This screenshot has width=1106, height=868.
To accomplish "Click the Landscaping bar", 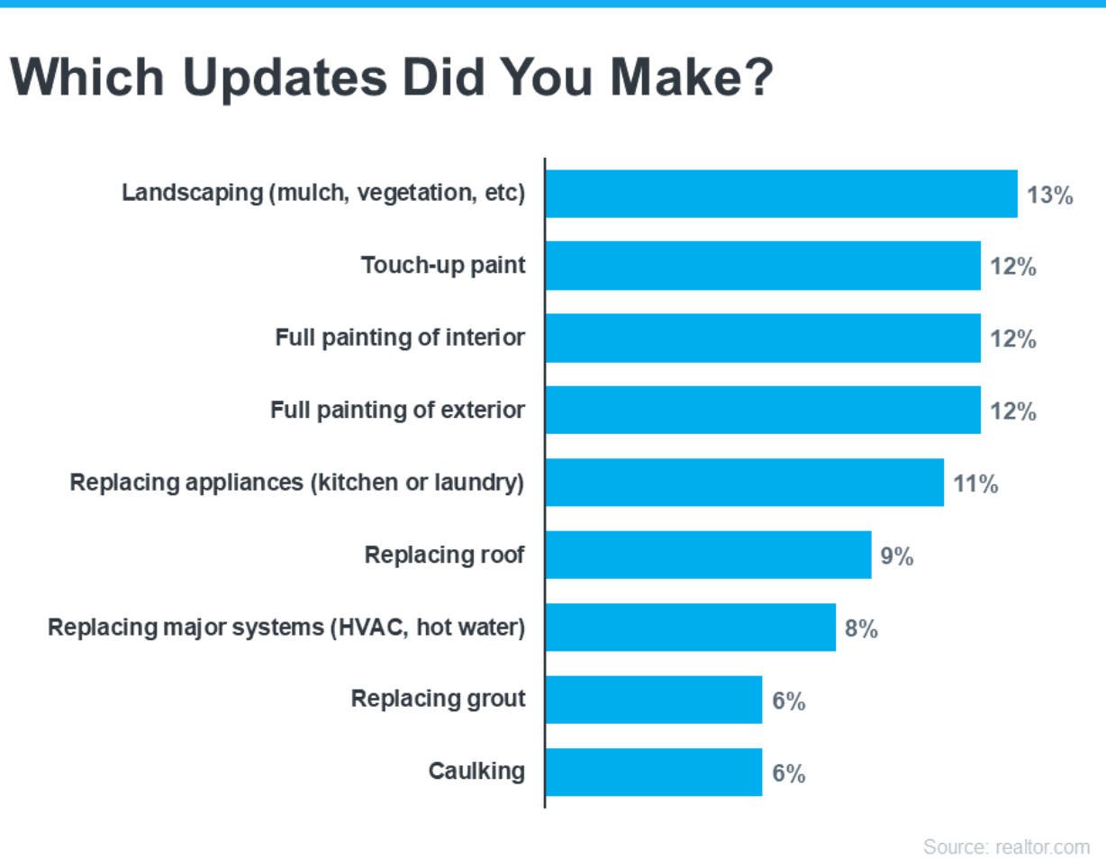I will [781, 194].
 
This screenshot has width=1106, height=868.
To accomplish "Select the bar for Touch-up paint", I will [763, 266].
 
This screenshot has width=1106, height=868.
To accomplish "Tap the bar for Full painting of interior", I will [763, 339].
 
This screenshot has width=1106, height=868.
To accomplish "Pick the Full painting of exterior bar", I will [763, 411].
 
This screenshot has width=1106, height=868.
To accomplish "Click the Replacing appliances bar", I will [744, 483].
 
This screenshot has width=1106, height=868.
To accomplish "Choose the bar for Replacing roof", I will [708, 555].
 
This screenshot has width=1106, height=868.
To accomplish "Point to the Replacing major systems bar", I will [690, 628].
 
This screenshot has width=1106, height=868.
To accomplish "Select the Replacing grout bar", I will [654, 700].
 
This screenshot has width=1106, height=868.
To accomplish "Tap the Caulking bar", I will [654, 772].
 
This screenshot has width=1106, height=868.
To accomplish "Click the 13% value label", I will [1050, 195].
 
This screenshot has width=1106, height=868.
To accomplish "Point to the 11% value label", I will [976, 484].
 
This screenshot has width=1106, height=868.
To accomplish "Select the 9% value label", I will [897, 556].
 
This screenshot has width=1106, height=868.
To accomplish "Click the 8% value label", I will [861, 628].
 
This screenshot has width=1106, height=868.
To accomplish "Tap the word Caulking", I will [476, 772].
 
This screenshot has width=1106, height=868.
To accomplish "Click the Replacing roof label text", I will [444, 556].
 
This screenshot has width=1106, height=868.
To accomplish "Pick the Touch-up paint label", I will [443, 267].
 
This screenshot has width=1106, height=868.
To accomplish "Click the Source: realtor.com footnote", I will [1006, 847].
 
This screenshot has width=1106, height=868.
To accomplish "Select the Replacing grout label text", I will [438, 699].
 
